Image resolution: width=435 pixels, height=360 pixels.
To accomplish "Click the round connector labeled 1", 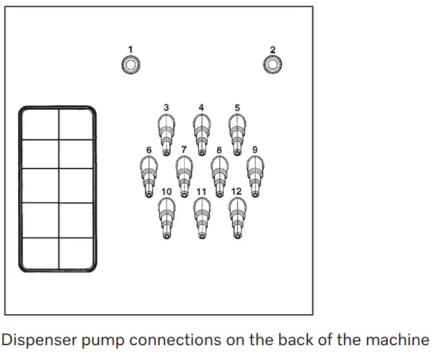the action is tap(131, 65).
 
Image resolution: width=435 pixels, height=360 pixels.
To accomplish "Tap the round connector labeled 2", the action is tap(272, 64).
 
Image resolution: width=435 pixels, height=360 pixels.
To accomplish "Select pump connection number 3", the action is tap(166, 135).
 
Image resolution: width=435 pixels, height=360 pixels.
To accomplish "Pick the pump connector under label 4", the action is tap(202, 135).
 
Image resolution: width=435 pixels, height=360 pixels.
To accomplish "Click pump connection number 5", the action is tap(237, 135).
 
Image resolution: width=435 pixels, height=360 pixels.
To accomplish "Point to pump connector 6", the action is tap(148, 177).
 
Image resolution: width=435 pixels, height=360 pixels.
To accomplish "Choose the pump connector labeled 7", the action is tap(184, 177).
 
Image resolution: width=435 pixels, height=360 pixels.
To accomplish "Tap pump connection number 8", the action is tap(219, 177).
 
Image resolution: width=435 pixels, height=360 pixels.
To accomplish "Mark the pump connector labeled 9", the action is tap(255, 177).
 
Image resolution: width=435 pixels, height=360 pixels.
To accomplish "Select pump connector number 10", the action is tap(167, 218).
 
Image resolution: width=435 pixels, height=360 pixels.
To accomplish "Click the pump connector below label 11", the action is tap(202, 218).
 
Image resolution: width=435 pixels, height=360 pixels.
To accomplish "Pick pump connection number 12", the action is tap(237, 218).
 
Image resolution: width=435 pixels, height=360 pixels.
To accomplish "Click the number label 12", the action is tap(236, 191).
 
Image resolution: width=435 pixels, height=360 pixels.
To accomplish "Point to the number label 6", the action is tap(149, 150).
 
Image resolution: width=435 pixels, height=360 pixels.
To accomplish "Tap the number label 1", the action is tap(130, 50).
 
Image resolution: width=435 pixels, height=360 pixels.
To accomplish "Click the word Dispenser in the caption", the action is tap(39, 340).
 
